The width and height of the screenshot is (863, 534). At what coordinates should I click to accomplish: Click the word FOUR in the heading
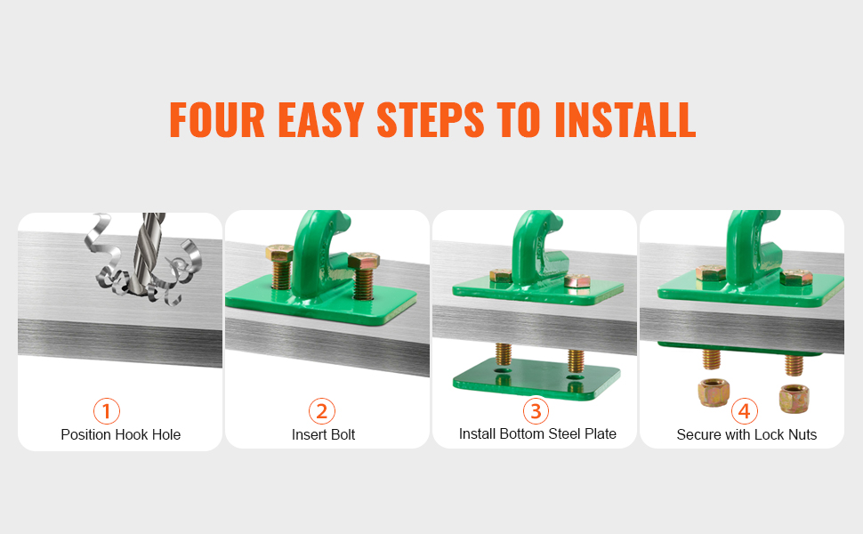tap(217, 119)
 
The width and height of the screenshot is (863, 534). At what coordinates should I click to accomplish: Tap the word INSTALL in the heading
tap(625, 119)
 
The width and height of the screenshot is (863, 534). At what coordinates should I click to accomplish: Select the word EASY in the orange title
tap(321, 119)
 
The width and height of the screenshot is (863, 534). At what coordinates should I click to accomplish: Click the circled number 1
tap(106, 411)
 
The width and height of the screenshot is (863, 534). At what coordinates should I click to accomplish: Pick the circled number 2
tap(322, 411)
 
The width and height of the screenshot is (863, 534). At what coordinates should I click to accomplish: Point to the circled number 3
tap(536, 410)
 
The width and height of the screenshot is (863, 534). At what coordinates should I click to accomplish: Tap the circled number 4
tap(744, 411)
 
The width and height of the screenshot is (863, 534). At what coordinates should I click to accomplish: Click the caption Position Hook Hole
tap(120, 435)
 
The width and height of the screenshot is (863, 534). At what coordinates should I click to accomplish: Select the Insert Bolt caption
tap(323, 435)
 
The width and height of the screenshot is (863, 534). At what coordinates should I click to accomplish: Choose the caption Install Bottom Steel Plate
tap(537, 434)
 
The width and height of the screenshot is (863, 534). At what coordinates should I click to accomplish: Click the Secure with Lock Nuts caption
tap(746, 435)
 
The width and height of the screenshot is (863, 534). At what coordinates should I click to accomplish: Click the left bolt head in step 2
tap(279, 254)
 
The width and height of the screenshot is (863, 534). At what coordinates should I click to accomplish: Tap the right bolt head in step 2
tap(364, 261)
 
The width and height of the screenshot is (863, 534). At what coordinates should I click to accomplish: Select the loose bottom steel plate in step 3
tap(536, 378)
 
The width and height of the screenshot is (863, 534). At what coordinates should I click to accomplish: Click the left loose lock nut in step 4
tap(714, 392)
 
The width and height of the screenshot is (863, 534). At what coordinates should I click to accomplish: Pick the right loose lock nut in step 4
tap(794, 399)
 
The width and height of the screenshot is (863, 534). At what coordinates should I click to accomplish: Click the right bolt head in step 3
tap(577, 280)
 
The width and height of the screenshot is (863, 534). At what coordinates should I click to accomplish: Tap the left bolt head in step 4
tap(711, 272)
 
